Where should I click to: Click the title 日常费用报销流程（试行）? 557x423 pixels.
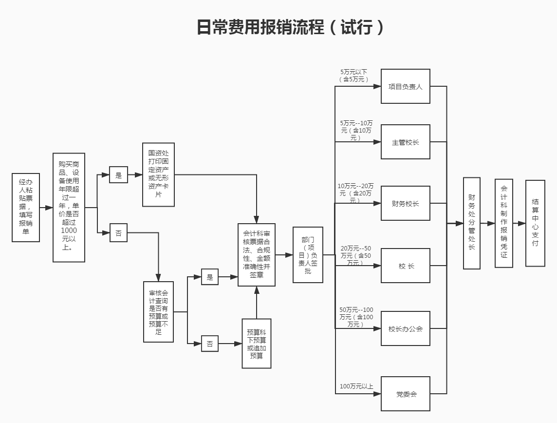[x=290, y=27]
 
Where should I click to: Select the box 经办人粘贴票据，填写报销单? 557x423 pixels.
[x=26, y=207]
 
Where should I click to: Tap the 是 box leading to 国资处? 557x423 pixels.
[x=118, y=174]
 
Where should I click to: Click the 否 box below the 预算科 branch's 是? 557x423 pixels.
[x=210, y=344]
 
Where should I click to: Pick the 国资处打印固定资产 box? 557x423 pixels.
[x=158, y=174]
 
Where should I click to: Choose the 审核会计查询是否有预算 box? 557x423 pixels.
[x=158, y=311]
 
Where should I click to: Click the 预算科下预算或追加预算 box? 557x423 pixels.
[x=257, y=344]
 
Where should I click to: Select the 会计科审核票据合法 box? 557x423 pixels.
[x=257, y=254]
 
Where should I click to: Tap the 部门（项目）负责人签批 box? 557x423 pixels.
[x=308, y=254]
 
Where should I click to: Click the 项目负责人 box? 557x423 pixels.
[x=405, y=86]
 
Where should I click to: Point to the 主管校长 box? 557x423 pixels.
[x=405, y=142]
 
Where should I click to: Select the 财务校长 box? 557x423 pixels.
[x=405, y=203]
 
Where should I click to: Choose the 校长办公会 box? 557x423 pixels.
[x=405, y=328]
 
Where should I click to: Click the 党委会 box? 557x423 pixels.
[x=405, y=394]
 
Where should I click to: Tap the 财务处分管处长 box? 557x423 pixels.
[x=471, y=223]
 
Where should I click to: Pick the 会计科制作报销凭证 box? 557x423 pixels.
[x=503, y=223]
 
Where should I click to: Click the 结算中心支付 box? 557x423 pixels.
[x=535, y=223]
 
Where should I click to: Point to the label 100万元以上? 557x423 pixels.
[x=356, y=386]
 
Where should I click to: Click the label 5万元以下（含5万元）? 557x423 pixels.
[x=354, y=76]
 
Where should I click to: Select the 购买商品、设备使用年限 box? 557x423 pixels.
[x=69, y=208]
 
